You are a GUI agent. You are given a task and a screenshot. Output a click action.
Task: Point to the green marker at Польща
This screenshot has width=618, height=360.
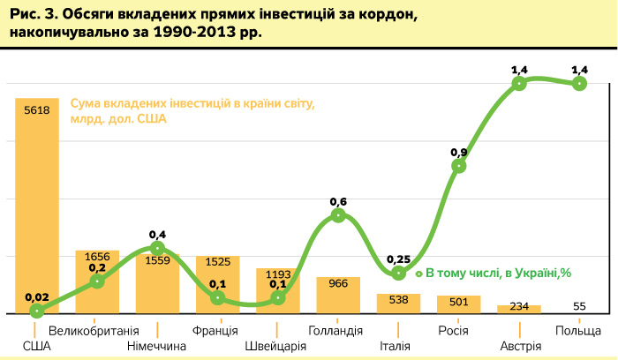[579, 84]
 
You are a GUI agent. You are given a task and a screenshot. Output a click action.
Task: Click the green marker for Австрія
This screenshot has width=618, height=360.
[519, 84]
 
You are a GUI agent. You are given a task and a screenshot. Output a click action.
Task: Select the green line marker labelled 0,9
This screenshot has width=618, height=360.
[459, 166]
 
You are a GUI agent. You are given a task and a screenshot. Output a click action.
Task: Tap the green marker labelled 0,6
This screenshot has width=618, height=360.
[338, 215]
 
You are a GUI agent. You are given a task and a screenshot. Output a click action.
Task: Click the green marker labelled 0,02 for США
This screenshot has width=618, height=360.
[37, 311]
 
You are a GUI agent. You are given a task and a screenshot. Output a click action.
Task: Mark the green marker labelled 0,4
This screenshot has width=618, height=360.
[157, 248]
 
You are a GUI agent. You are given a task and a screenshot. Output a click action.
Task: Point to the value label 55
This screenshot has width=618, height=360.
[579, 306]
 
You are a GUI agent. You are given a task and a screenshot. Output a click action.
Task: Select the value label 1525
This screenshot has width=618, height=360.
[217, 262]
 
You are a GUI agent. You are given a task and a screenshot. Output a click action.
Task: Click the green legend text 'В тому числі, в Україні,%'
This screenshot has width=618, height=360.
[499, 273]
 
